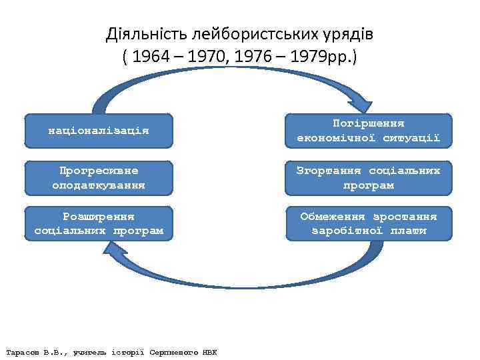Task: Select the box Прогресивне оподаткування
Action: tap(99, 177)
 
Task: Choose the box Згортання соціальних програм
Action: tap(369, 177)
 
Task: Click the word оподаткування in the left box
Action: tap(99, 185)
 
